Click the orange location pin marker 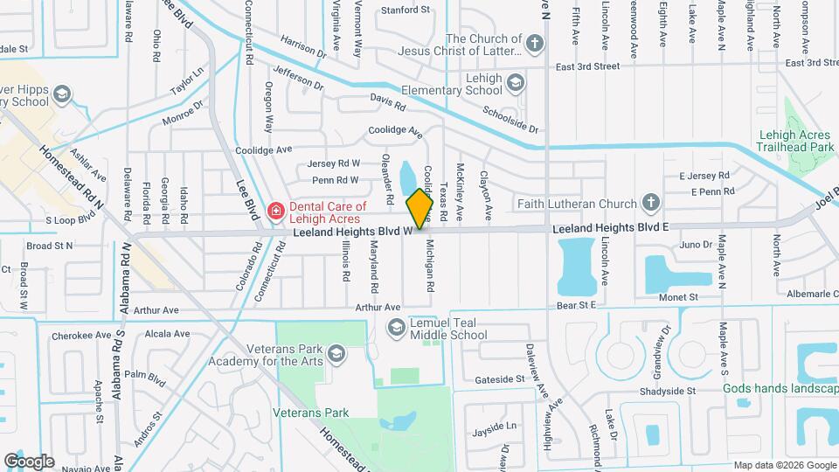420,208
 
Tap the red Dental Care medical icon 275,211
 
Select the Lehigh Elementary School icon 516,82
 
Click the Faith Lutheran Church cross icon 649,204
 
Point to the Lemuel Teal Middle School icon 396,327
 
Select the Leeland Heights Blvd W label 352,233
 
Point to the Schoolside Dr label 511,120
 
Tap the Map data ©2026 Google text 784,465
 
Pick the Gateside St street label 498,380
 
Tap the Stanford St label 406,10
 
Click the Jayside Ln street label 494,427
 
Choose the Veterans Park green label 310,413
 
